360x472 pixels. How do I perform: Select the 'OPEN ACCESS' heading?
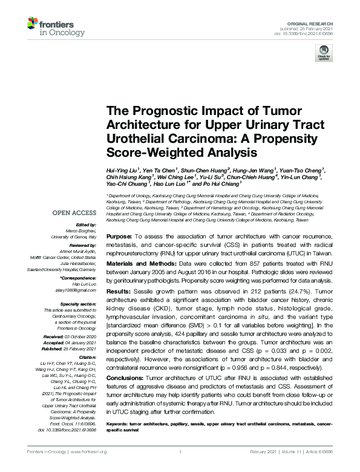click(75, 212)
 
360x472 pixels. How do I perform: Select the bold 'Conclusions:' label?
click(125, 378)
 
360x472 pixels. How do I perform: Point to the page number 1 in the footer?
click(180, 451)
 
